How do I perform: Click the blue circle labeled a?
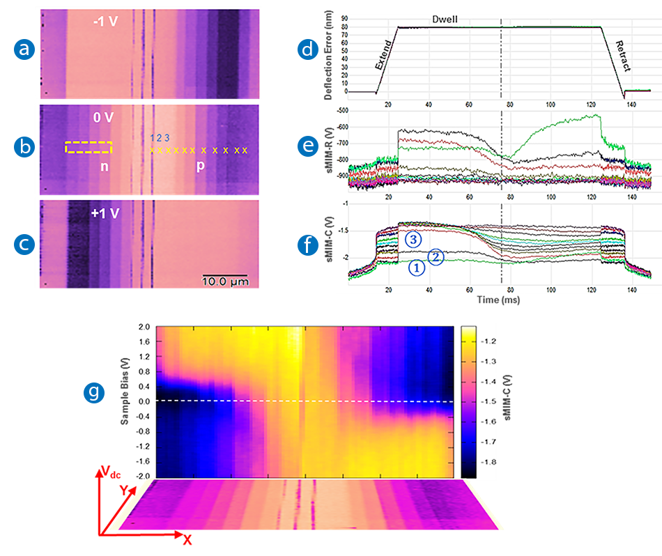[24, 49]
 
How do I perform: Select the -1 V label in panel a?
[106, 22]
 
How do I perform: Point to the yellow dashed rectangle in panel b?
[88, 147]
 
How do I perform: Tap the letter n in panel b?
[105, 167]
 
